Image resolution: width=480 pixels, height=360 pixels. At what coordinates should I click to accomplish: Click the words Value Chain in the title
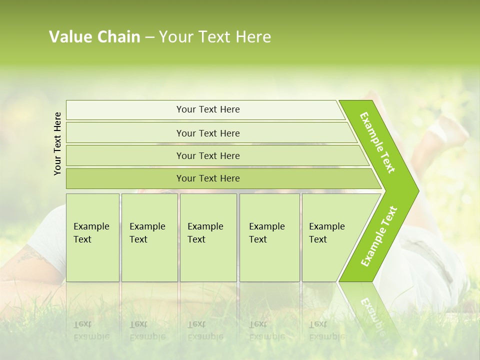(x=94, y=37)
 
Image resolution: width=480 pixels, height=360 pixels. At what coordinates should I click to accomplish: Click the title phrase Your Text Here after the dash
(x=215, y=37)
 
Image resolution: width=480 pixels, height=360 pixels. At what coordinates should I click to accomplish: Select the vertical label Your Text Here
(x=57, y=143)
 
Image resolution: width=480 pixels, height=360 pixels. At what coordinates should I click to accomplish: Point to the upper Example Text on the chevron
(x=377, y=142)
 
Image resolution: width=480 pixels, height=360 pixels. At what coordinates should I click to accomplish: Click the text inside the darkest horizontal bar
(x=208, y=178)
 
